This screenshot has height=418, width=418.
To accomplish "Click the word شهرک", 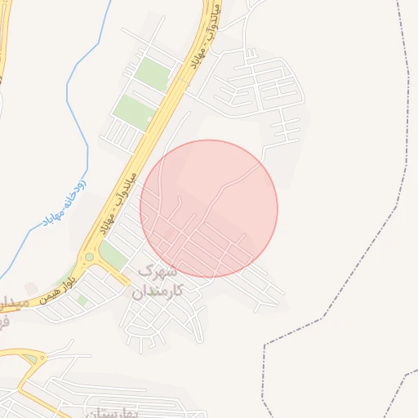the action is pyautogui.click(x=158, y=269).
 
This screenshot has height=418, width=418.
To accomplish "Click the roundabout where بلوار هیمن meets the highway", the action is pyautogui.click(x=89, y=258).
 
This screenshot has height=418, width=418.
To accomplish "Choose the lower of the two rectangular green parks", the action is pyautogui.click(x=132, y=112).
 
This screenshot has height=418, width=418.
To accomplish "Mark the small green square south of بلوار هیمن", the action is pyautogui.click(x=82, y=300).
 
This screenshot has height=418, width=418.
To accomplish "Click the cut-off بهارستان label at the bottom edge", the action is pyautogui.click(x=96, y=412).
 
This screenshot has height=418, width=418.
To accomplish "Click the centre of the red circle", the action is pyautogui.click(x=209, y=208).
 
